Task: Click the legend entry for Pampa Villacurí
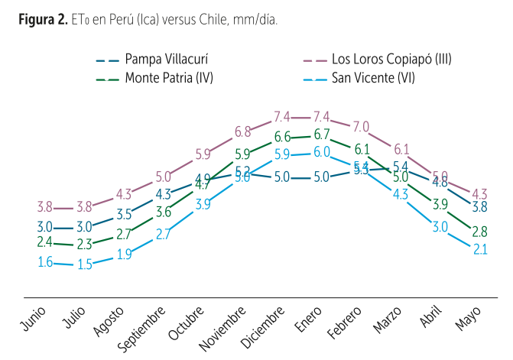click(x=167, y=60)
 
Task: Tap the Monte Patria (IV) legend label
click(x=169, y=77)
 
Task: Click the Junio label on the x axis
click(x=34, y=319)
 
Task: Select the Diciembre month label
click(x=266, y=327)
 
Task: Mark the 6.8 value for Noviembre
click(x=243, y=131)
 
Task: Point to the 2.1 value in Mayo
click(x=480, y=248)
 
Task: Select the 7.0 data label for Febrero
click(x=362, y=126)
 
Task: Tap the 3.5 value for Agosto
click(x=124, y=213)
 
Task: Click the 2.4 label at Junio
click(x=44, y=242)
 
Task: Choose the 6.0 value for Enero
click(x=321, y=151)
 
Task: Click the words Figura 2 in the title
click(x=44, y=18)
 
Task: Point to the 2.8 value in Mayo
click(x=480, y=231)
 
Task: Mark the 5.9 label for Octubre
click(x=203, y=154)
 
